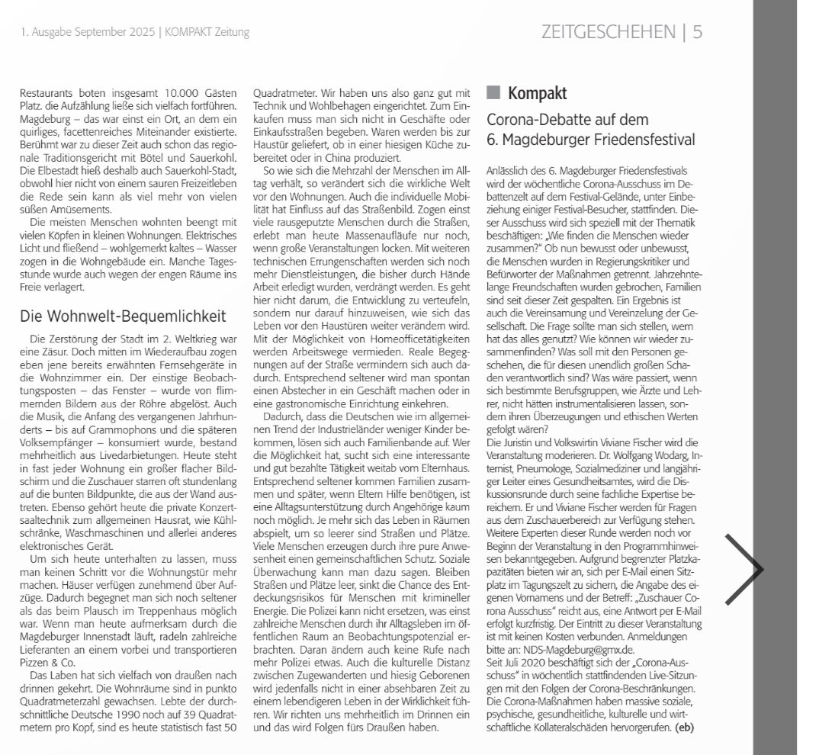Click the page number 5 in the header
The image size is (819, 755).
click(x=697, y=31)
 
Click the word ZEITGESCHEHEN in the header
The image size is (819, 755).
click(x=608, y=31)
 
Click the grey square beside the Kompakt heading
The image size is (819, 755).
click(x=493, y=93)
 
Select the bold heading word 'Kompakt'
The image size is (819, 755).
click(x=538, y=94)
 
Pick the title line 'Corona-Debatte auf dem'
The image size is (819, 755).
click(x=567, y=120)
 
